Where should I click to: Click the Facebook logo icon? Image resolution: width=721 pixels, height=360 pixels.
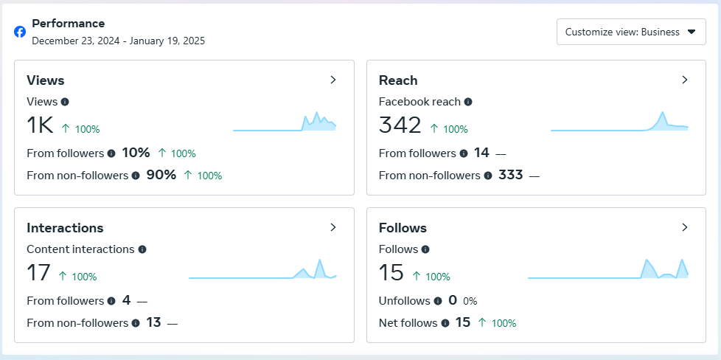coord(20,32)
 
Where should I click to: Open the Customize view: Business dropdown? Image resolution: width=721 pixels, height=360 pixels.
coord(630,32)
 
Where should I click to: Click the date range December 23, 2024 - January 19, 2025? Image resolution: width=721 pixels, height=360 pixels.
coord(118,41)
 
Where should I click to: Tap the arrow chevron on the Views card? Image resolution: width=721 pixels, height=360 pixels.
coord(333,80)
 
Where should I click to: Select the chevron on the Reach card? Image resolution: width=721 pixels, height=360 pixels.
coord(684,80)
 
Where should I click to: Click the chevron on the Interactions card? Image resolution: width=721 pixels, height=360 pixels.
coord(333,227)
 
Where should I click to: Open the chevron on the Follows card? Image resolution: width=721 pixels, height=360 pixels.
coord(684,227)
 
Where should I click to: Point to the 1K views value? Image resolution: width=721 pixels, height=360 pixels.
coord(40,125)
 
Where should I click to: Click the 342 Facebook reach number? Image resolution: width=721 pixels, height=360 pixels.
coord(400,125)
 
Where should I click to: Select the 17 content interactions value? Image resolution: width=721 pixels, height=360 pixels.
coord(38,273)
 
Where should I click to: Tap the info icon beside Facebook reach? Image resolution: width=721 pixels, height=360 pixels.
coord(468,102)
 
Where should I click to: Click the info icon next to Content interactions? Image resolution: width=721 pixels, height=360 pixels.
coord(142,249)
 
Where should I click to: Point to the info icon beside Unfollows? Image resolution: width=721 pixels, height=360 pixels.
coord(438,301)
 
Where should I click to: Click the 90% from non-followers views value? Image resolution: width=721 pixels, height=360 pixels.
coord(160,175)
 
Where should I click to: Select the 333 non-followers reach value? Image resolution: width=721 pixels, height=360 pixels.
coord(510,175)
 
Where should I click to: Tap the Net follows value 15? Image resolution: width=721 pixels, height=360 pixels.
coord(462,322)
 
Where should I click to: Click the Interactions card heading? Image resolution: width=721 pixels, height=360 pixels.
coord(65,228)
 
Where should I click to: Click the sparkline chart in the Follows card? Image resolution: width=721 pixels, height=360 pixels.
coord(608,269)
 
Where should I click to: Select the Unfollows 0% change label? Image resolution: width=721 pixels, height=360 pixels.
coord(470,301)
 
